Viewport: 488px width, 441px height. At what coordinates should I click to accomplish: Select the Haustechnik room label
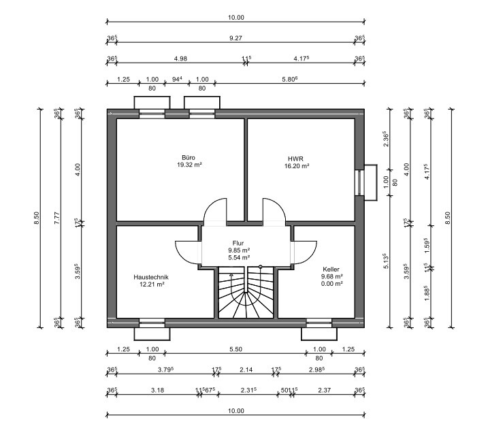(x=151, y=277)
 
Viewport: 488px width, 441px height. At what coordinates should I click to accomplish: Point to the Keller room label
(x=331, y=269)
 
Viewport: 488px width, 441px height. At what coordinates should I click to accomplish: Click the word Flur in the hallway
(x=238, y=243)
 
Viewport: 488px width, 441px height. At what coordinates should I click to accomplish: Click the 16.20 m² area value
(x=297, y=165)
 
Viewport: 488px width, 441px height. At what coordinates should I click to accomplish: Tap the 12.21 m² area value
(x=151, y=284)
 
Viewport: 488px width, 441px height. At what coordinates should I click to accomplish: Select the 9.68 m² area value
(x=331, y=277)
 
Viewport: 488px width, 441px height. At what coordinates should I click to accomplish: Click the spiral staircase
(x=245, y=293)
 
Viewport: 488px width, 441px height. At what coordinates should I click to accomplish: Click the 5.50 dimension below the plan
(x=235, y=349)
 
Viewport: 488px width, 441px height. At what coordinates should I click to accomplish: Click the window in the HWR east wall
(x=359, y=182)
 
